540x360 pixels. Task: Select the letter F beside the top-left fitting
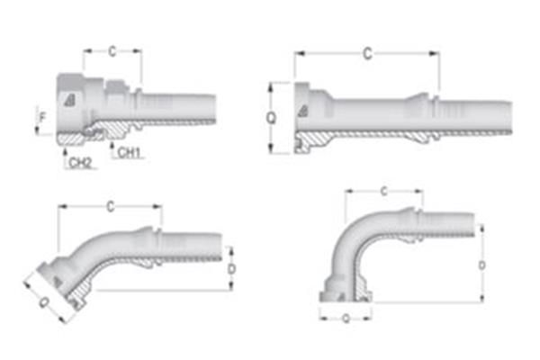40,115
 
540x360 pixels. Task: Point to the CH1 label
129,152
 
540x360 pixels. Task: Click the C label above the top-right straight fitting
366,55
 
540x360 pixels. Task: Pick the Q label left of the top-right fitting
271,117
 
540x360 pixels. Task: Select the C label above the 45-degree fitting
110,207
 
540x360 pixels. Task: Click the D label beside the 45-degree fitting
231,268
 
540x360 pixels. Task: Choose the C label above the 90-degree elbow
383,192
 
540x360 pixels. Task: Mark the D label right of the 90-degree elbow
482,265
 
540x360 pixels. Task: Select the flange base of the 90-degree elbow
344,295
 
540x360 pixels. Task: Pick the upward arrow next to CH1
110,144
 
